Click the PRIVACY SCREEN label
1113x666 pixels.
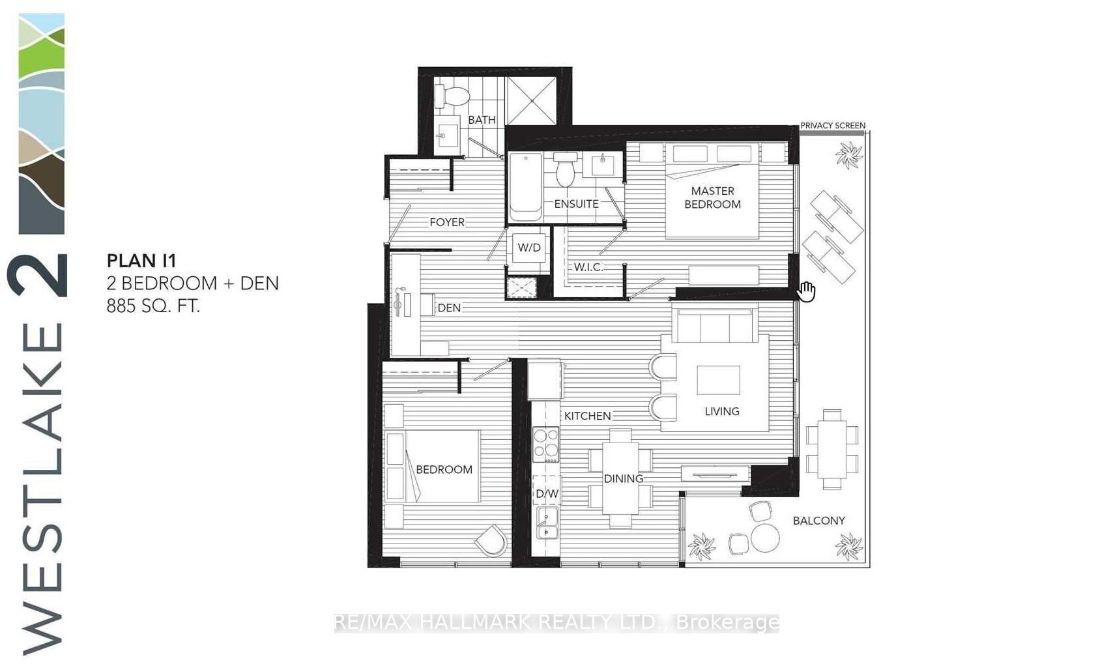tap(833, 125)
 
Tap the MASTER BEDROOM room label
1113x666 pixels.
tap(712, 197)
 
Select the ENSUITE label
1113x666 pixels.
tap(576, 204)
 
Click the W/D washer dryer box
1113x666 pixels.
tap(528, 248)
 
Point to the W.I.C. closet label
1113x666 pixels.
tap(587, 267)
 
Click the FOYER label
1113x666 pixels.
tap(447, 222)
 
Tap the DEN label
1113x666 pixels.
tap(449, 308)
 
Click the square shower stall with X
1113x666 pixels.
tap(532, 100)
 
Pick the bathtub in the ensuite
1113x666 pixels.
tap(525, 188)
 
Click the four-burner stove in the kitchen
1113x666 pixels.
tap(545, 444)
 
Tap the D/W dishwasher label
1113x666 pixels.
tap(547, 493)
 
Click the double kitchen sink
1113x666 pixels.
tap(547, 524)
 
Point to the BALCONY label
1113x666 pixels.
tap(818, 521)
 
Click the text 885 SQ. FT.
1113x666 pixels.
tap(153, 305)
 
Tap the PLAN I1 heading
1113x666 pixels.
tap(141, 261)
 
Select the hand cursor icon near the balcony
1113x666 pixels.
tap(807, 291)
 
